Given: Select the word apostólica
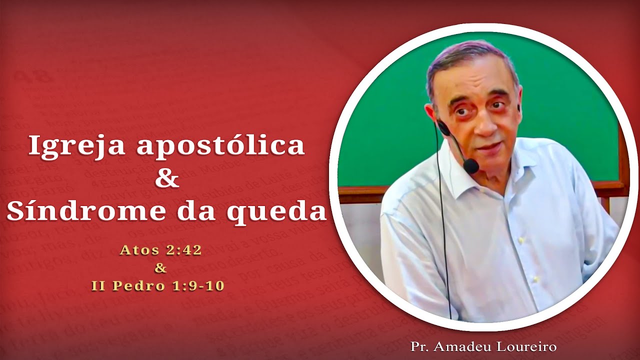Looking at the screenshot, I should coord(220,146).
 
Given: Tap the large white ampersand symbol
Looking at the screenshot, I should coord(167,178).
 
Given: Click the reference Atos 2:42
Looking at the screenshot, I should coord(160,250).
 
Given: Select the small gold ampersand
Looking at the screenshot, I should coord(160,268).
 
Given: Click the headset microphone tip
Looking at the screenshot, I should coord(471,165).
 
